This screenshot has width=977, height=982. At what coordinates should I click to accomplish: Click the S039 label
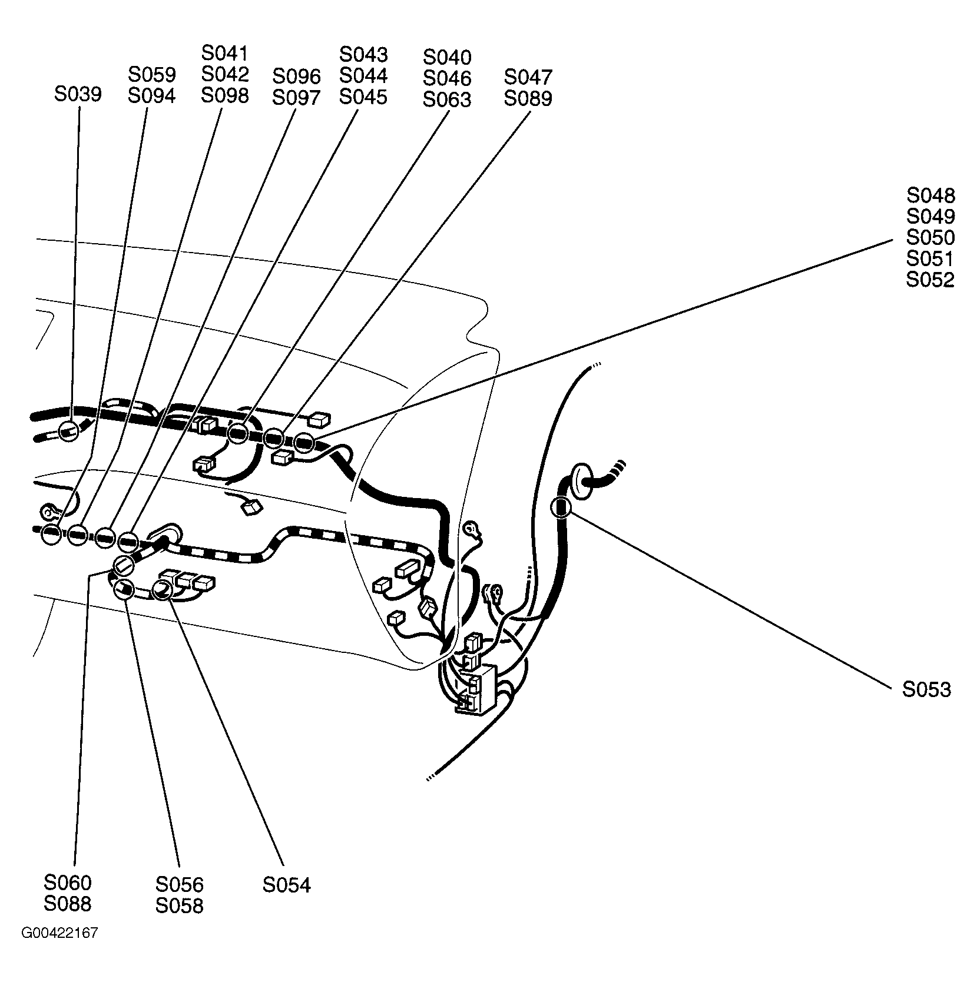(x=78, y=94)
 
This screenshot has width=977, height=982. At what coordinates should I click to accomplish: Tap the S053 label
(x=926, y=689)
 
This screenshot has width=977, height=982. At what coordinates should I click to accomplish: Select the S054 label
(x=286, y=885)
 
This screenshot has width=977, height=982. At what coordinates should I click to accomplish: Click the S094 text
(x=151, y=96)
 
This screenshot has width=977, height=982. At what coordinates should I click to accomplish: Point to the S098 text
(x=224, y=95)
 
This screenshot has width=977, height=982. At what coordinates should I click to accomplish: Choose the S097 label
(x=296, y=98)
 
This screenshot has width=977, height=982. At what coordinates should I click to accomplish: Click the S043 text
(x=363, y=54)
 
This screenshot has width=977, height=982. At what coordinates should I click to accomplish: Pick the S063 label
(x=447, y=100)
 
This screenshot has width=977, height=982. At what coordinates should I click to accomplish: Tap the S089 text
(x=528, y=98)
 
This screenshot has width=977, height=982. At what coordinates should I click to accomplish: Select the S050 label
(x=930, y=238)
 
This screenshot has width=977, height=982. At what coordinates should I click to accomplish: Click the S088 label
(x=67, y=904)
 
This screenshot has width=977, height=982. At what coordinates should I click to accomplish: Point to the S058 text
(x=179, y=905)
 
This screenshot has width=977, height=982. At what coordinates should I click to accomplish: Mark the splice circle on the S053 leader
(x=561, y=506)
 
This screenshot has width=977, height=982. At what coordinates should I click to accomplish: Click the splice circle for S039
(x=68, y=432)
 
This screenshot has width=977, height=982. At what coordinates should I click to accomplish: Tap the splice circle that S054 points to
(x=163, y=589)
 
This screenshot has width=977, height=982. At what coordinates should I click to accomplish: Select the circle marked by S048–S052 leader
(x=304, y=442)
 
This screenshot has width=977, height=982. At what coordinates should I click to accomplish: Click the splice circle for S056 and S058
(x=123, y=588)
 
